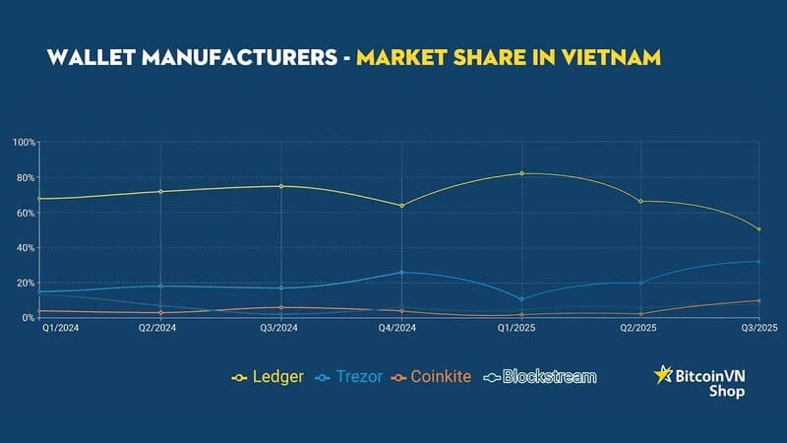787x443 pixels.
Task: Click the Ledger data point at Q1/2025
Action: [x=521, y=173]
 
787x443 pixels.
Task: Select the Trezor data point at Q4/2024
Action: [x=401, y=272]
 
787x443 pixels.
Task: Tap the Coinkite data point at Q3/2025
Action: [x=758, y=300]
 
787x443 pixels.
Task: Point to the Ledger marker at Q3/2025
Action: [x=758, y=229]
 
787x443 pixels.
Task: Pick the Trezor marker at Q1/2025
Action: [x=521, y=298]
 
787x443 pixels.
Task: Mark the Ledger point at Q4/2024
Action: [x=401, y=206]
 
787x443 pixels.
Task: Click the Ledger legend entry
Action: [x=268, y=376]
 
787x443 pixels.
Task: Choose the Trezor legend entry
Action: [x=349, y=376]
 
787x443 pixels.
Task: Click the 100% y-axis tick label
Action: [x=24, y=143]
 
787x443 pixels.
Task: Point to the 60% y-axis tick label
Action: [x=26, y=213]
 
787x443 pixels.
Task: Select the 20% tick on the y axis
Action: [x=26, y=283]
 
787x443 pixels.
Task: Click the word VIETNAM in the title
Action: [x=611, y=58]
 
